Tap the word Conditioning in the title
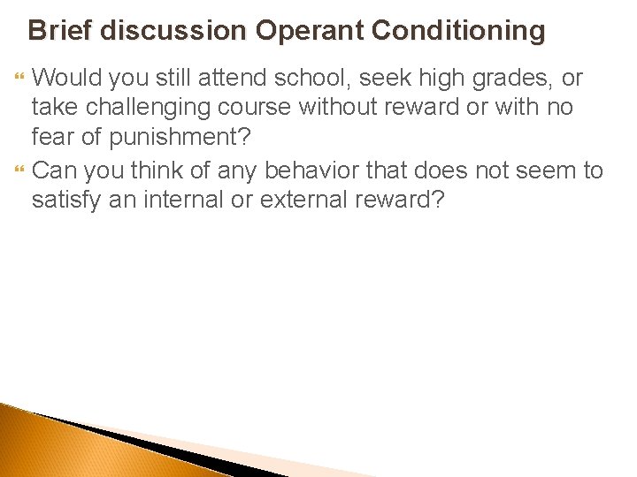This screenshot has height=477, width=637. pos(458,31)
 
